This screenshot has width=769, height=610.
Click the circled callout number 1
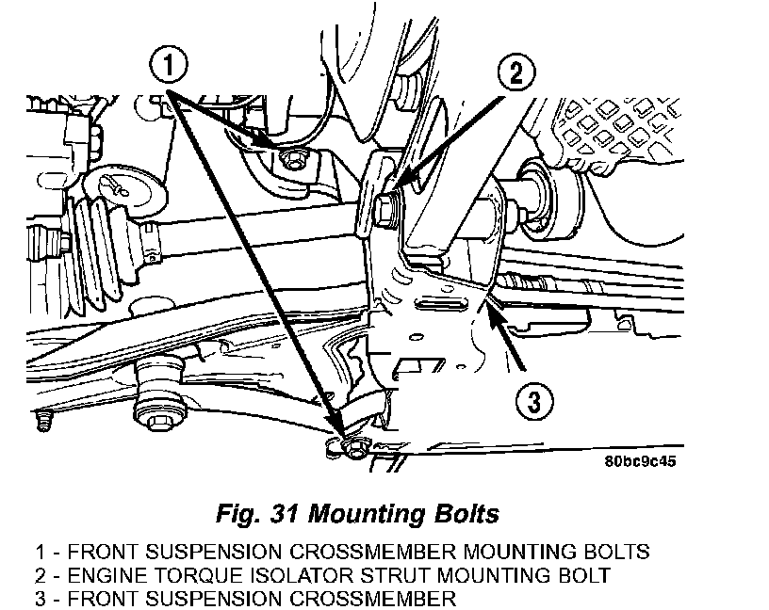coord(168,66)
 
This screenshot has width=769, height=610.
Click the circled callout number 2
coord(516,72)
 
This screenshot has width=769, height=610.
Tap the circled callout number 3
coord(534,402)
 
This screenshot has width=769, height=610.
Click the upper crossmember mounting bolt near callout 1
coord(293,159)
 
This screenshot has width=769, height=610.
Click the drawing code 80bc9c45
coord(641,461)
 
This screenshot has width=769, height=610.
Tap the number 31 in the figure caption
coord(283,514)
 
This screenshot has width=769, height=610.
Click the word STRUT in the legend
coord(396,575)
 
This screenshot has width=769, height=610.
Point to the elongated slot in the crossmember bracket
coord(440,304)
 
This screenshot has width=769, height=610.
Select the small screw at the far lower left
coord(43,421)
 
